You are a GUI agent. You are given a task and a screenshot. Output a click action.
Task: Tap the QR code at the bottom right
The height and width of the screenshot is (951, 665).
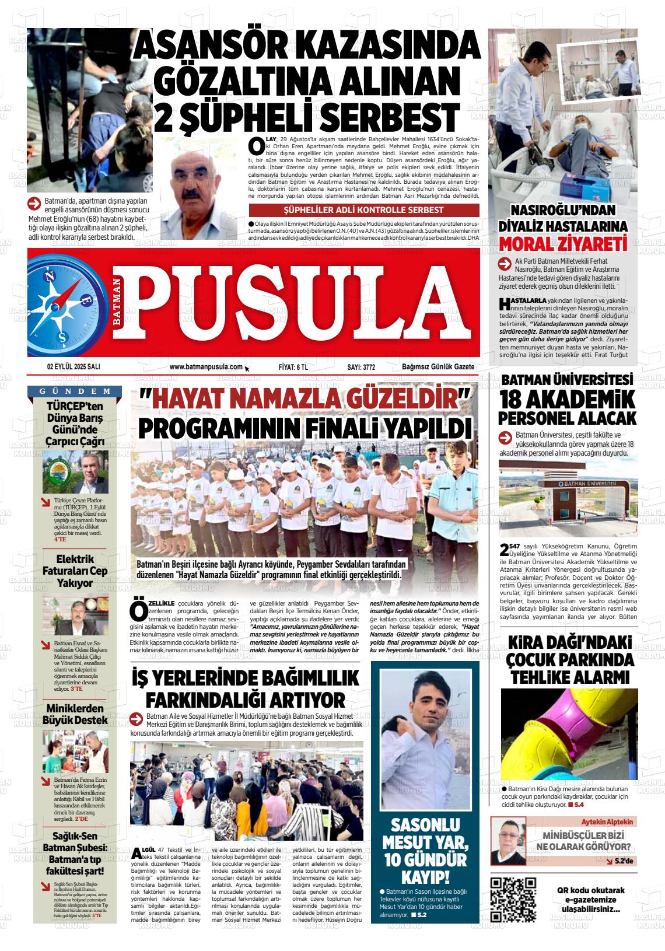coord(513,899)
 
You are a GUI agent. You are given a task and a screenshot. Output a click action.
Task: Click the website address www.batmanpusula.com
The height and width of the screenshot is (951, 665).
coord(205,367)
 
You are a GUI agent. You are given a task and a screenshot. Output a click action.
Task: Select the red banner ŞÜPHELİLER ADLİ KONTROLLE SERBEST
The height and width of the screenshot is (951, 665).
coord(363,210)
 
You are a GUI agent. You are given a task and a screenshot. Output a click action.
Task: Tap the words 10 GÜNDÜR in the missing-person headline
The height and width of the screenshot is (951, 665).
coord(425,860)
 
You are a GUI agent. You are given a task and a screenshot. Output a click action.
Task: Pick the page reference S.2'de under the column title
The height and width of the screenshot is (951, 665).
coord(618,861)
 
